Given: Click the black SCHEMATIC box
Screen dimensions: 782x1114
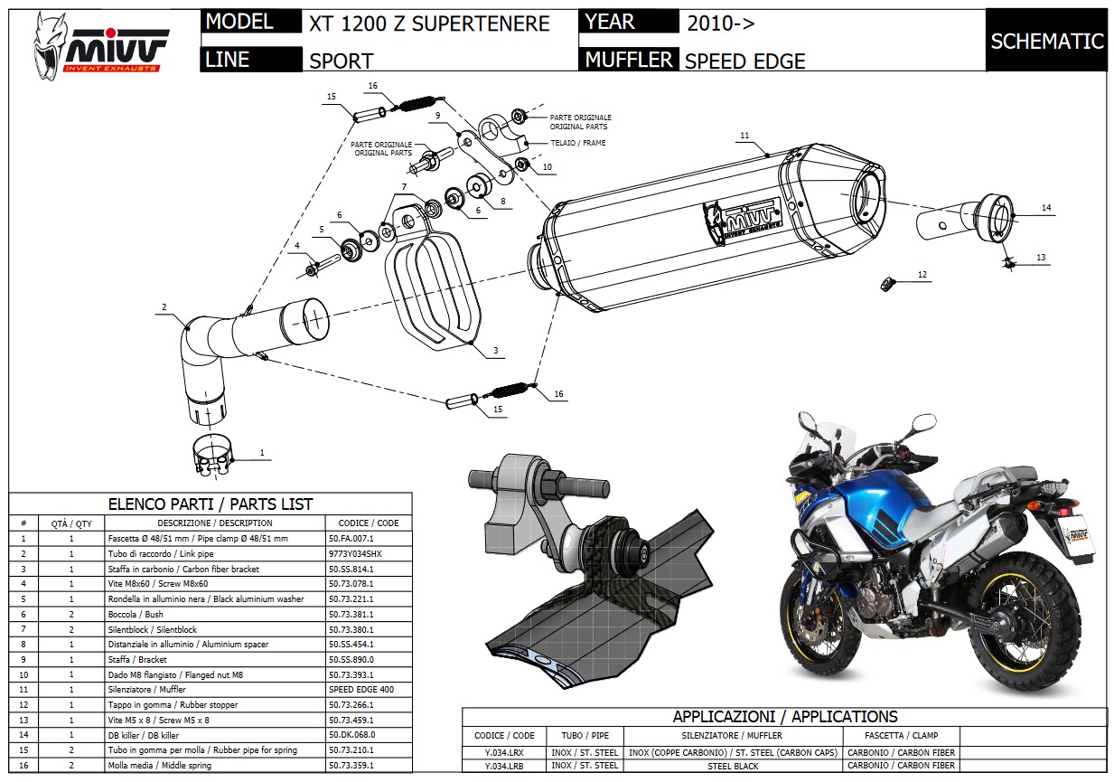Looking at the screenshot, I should [1046, 41].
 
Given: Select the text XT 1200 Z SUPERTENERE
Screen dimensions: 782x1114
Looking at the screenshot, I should [429, 24].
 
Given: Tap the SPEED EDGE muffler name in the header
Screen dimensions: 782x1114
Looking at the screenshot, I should [744, 61].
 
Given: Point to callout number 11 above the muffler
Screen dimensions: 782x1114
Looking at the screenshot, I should [744, 136].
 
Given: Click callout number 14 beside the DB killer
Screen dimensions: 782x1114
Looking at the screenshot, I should [1045, 208].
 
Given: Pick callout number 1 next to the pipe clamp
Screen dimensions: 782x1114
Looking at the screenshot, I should [262, 451].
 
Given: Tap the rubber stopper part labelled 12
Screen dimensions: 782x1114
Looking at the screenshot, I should [886, 284].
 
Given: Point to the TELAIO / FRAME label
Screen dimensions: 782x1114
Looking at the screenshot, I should [578, 143].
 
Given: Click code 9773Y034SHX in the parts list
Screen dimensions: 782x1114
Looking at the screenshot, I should [356, 553].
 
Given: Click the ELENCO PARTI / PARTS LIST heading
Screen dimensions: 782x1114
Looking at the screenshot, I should [211, 504].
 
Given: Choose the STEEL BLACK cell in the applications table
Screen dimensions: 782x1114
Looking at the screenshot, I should [731, 766].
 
